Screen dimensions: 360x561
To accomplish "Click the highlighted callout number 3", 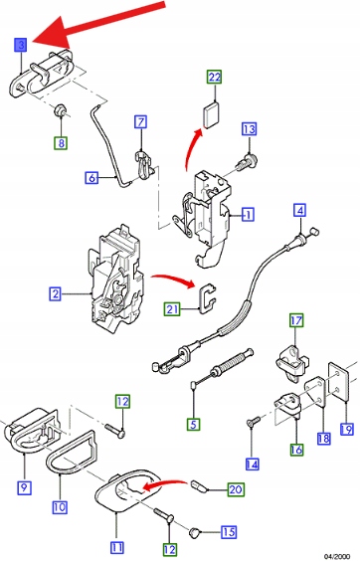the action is click(21, 45).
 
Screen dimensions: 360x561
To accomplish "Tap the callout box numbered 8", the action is click(62, 143).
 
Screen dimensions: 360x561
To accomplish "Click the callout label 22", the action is click(215, 77).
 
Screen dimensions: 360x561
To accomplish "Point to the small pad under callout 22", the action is click(211, 114).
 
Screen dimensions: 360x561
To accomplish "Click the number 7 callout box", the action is click(141, 121).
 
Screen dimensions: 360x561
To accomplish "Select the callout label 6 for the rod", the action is click(91, 177).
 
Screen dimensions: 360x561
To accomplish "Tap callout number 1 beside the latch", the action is click(248, 214).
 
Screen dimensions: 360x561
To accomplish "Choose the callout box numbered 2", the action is click(55, 294).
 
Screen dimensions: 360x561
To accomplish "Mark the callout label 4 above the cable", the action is click(300, 210).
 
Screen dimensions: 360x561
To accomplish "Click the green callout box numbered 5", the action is click(193, 425).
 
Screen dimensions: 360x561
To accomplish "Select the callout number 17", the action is click(296, 320).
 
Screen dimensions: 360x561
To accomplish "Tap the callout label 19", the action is click(346, 429).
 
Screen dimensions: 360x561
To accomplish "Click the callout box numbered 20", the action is click(236, 489).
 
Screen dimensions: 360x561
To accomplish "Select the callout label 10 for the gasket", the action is click(60, 506).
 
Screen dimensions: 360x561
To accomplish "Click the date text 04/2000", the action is click(337, 556).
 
